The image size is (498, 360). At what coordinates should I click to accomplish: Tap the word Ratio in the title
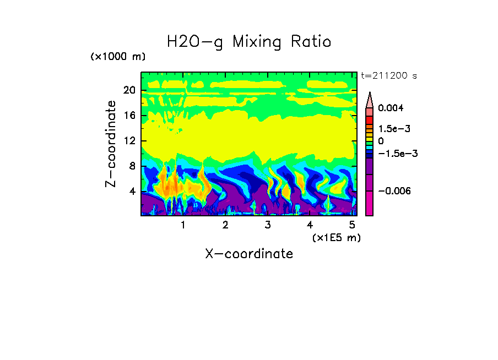[313, 42]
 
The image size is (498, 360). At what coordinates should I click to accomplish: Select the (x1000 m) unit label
[117, 57]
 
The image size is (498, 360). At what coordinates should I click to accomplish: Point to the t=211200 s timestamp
[388, 76]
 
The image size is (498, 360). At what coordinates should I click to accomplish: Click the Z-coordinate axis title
[111, 143]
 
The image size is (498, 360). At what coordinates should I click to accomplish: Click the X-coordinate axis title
[249, 254]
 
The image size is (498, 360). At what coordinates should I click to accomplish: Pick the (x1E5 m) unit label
[336, 237]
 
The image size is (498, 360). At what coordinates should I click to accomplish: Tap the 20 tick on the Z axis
[128, 90]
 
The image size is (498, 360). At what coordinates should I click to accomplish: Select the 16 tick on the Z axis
[128, 116]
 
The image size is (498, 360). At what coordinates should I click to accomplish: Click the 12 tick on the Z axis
[128, 141]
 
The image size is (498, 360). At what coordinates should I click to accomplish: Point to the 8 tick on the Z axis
[131, 166]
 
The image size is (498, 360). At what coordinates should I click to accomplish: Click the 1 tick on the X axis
[183, 225]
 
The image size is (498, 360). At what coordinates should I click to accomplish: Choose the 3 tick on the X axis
[268, 225]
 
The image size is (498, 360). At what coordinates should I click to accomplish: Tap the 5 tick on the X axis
[352, 225]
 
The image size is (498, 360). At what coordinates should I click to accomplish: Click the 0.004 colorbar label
[391, 108]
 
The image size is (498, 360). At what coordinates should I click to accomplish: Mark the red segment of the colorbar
[370, 119]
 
